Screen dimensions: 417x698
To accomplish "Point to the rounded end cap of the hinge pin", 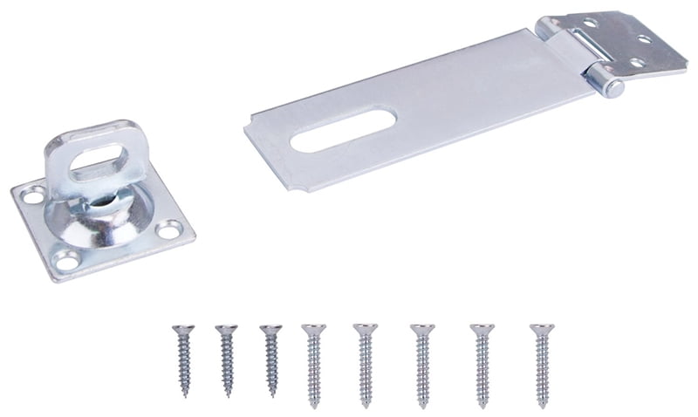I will [x=612, y=86].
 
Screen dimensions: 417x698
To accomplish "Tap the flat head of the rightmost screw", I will [x=541, y=330].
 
